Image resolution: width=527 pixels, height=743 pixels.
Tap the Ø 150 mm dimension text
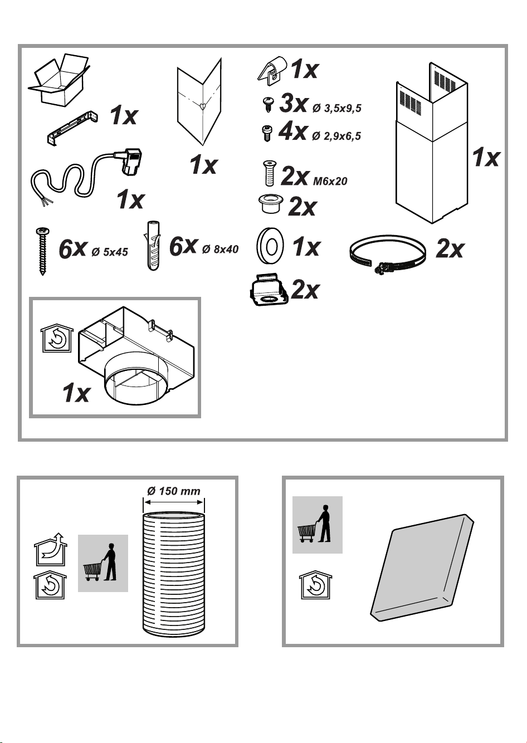(174, 491)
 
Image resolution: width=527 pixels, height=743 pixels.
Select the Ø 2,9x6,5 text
(336, 136)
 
